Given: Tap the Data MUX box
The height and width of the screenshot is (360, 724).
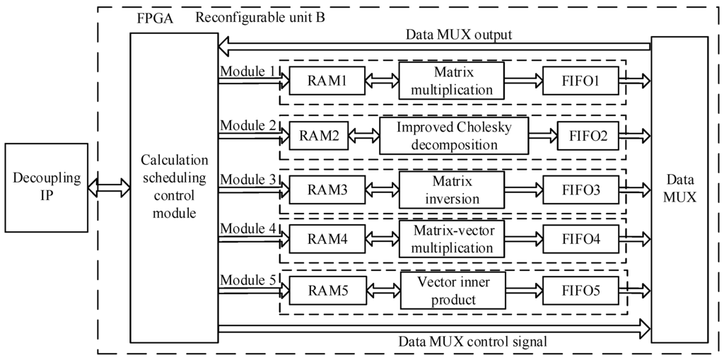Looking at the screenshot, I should [x=679, y=190].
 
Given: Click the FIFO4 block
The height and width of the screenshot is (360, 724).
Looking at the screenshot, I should [x=580, y=240].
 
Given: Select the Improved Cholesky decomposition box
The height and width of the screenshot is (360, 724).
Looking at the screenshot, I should [x=454, y=137].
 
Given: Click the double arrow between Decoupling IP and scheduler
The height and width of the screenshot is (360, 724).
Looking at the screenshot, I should [x=109, y=187].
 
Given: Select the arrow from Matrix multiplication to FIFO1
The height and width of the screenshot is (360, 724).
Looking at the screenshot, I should [x=522, y=81].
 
